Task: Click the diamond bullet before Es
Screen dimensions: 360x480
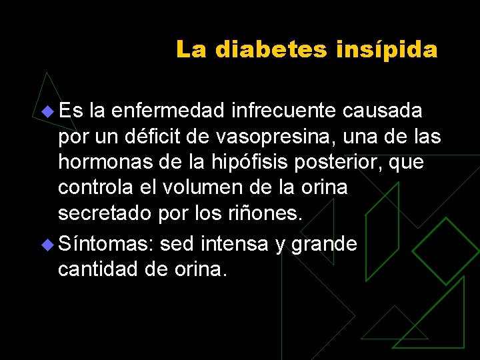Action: tap(47, 111)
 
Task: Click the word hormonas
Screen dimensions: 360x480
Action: tap(103, 162)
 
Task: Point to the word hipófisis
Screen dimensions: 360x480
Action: tap(233, 163)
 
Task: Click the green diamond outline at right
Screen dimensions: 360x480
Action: tap(445, 250)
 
